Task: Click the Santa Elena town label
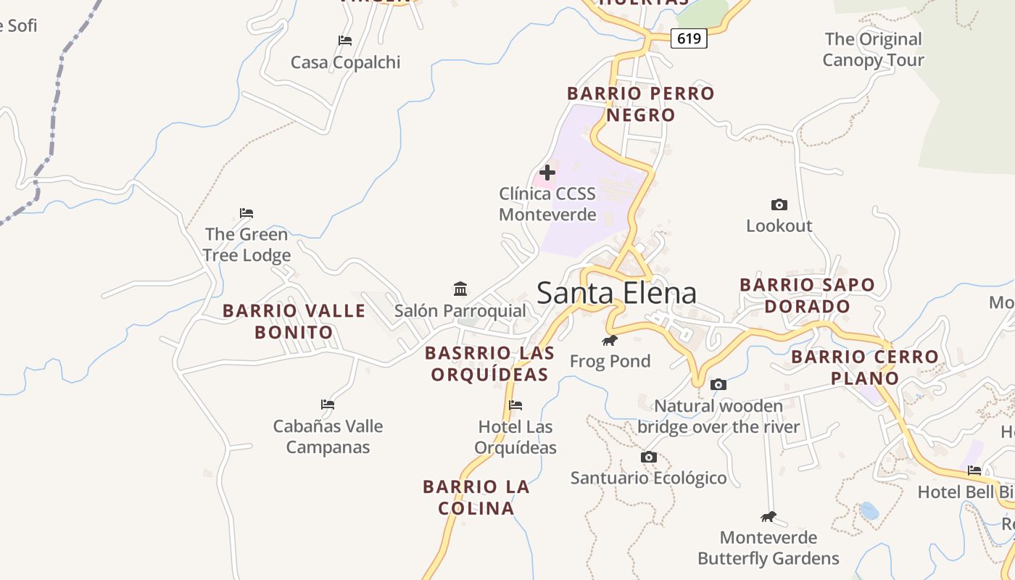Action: pyautogui.click(x=616, y=293)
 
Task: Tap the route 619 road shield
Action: pyautogui.click(x=688, y=38)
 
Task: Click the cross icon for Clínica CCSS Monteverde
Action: pyautogui.click(x=547, y=173)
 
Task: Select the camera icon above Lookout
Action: pyautogui.click(x=779, y=205)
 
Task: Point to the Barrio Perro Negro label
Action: pyautogui.click(x=641, y=104)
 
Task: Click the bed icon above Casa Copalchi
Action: pyautogui.click(x=345, y=41)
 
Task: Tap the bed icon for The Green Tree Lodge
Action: pyautogui.click(x=246, y=213)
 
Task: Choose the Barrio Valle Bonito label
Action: pyautogui.click(x=294, y=321)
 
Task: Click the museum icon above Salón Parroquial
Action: pyautogui.click(x=460, y=289)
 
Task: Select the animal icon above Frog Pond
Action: pyautogui.click(x=610, y=340)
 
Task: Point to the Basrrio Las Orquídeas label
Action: pyautogui.click(x=489, y=363)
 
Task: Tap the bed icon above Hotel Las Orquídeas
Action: pyautogui.click(x=515, y=405)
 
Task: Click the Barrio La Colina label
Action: pyautogui.click(x=476, y=497)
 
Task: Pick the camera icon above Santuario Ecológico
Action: pyautogui.click(x=649, y=457)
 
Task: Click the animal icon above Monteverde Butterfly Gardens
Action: pyautogui.click(x=768, y=517)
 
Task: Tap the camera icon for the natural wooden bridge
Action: pyautogui.click(x=718, y=384)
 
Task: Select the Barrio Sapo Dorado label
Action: pyautogui.click(x=807, y=295)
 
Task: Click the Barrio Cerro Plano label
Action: pyautogui.click(x=865, y=367)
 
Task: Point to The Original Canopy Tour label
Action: pyautogui.click(x=873, y=49)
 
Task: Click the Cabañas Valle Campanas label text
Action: pyautogui.click(x=328, y=436)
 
